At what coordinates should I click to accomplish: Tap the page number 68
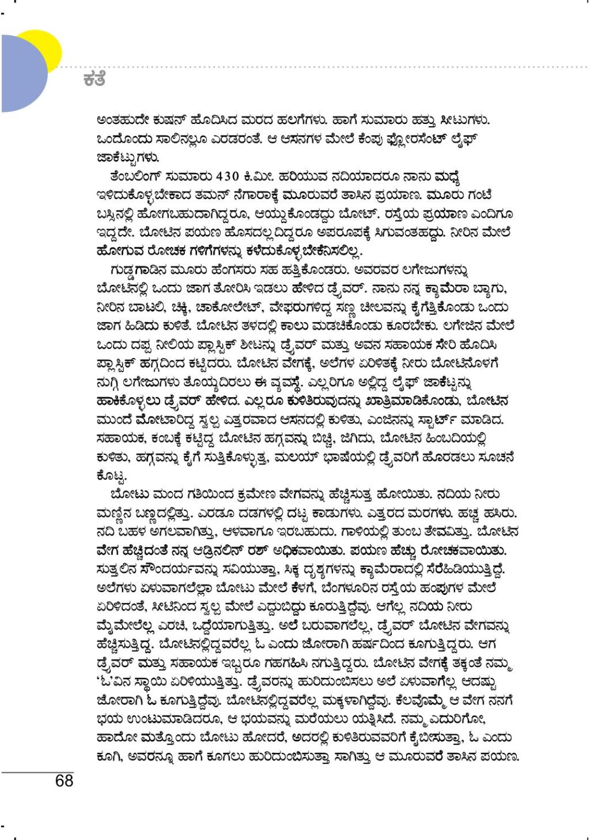pyautogui.click(x=64, y=781)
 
